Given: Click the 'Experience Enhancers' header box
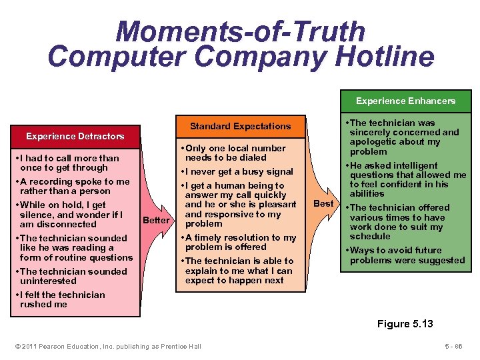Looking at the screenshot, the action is tap(405, 101).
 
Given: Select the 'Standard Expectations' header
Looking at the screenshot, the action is tap(240, 126).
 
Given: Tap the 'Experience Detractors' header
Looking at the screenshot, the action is tap(75, 136).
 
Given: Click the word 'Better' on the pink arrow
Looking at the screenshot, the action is tap(156, 220).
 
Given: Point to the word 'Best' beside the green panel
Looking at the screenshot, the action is tap(323, 203).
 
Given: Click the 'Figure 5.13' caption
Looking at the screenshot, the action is tap(405, 324).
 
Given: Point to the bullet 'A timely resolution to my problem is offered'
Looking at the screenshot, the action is tap(240, 243).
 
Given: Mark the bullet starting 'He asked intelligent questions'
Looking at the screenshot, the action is tap(407, 179).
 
